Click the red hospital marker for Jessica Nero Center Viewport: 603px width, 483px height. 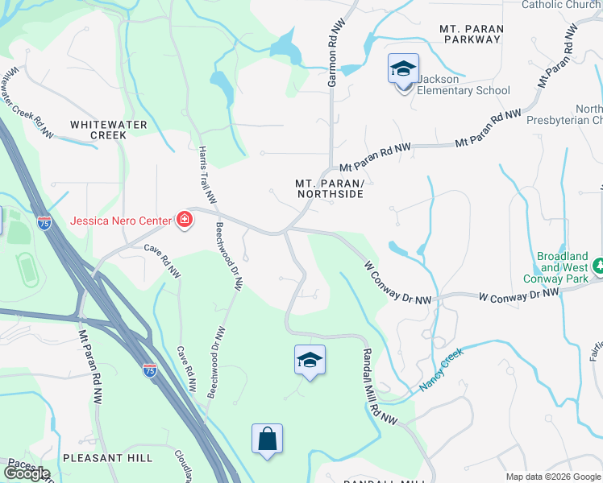pos(185,220)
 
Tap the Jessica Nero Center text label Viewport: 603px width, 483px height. pos(121,221)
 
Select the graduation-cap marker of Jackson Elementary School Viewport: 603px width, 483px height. pos(403,70)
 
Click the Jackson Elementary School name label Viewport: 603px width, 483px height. pos(463,85)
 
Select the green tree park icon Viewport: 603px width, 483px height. pos(598,265)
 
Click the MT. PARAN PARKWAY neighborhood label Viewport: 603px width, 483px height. pos(472,35)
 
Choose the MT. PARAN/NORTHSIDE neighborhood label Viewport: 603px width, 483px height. pos(329,188)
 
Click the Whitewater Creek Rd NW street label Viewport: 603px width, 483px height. pos(27,102)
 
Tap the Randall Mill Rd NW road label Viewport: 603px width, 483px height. pos(379,386)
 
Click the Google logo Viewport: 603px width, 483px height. pos(27,473)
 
